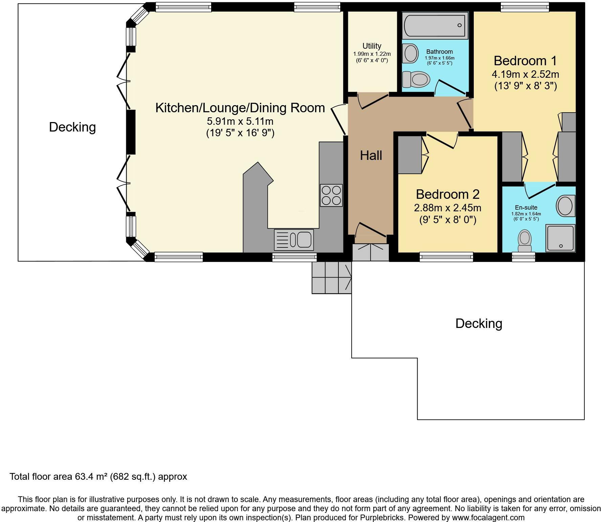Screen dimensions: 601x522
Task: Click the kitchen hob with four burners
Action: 331,195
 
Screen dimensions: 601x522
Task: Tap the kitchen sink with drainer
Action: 294,240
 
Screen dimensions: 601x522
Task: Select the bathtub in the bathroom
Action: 435,25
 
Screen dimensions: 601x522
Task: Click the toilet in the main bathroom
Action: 416,79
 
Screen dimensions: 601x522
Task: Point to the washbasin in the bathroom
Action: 410,53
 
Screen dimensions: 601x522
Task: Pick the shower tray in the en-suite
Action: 560,238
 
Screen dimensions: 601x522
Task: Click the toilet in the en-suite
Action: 525,241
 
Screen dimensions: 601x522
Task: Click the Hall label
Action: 371,156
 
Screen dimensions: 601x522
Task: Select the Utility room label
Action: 372,46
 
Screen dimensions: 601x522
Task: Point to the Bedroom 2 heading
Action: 448,194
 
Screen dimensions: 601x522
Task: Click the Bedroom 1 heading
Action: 525,61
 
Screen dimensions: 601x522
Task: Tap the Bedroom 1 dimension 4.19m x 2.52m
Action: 526,74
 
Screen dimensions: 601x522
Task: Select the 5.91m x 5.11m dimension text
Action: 240,121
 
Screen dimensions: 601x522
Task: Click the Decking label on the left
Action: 72,127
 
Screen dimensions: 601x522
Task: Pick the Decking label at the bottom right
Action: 478,324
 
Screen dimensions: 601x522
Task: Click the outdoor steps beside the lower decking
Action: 332,278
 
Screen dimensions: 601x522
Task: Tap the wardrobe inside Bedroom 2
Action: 410,155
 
